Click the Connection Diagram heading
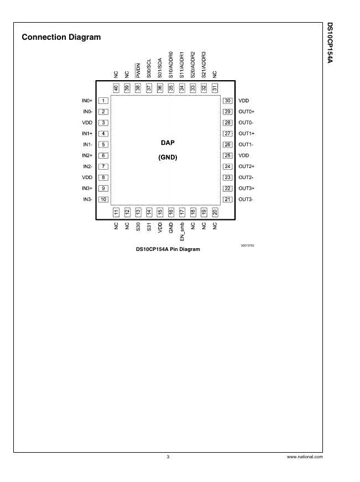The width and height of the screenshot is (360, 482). [x=61, y=38]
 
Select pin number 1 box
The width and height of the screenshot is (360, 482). [x=103, y=101]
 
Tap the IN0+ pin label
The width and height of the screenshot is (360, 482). [x=87, y=101]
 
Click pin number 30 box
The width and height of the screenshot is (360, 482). [x=227, y=101]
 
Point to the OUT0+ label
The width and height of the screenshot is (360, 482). [x=246, y=112]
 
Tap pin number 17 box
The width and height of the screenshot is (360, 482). [x=182, y=212]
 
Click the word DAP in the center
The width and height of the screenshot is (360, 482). [x=167, y=143]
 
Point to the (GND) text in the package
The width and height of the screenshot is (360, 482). [x=167, y=157]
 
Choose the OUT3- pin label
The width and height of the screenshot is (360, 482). [x=246, y=200]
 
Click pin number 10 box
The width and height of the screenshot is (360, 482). [x=103, y=200]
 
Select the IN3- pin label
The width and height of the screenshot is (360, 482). [x=87, y=200]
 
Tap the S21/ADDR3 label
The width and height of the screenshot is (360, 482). [x=204, y=64]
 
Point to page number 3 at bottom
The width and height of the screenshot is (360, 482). [x=168, y=457]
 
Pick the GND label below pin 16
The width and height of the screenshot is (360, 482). [x=171, y=227]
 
